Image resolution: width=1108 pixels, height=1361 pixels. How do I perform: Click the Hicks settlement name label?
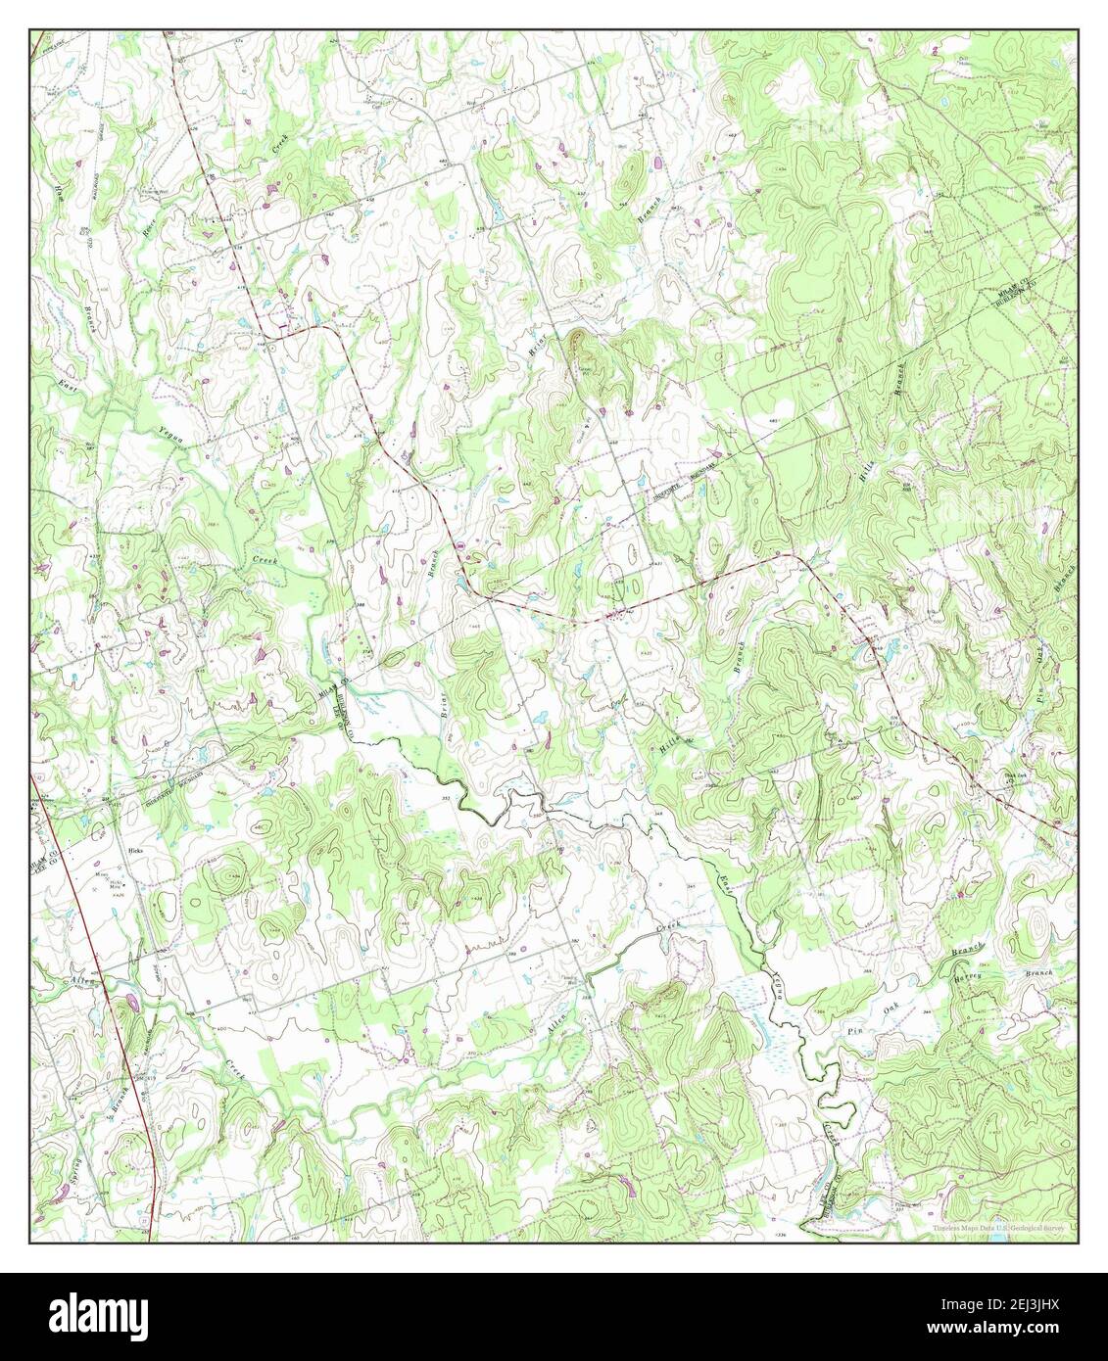pos(136,851)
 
